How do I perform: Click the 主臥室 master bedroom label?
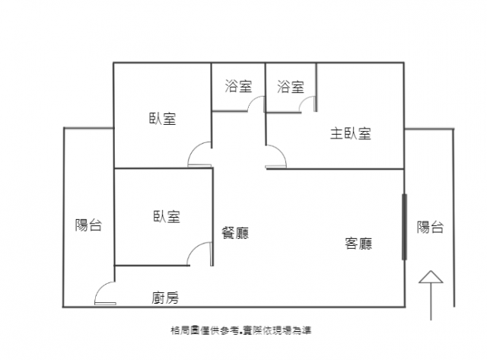(351, 133)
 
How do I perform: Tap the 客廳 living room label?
(358, 244)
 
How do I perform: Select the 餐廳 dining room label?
(235, 233)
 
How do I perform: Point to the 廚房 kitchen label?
(165, 298)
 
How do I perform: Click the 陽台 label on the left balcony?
(88, 225)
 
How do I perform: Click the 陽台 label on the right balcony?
(430, 227)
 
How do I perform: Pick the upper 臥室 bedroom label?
(162, 119)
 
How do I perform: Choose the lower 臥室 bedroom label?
(167, 216)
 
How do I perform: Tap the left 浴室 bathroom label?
(238, 86)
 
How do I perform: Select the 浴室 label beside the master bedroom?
(291, 87)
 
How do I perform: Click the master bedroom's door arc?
(281, 151)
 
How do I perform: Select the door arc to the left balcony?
(100, 288)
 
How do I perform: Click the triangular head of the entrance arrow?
(431, 277)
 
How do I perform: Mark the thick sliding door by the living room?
(404, 227)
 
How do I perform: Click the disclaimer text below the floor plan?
(240, 330)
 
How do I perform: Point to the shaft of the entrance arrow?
(431, 301)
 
